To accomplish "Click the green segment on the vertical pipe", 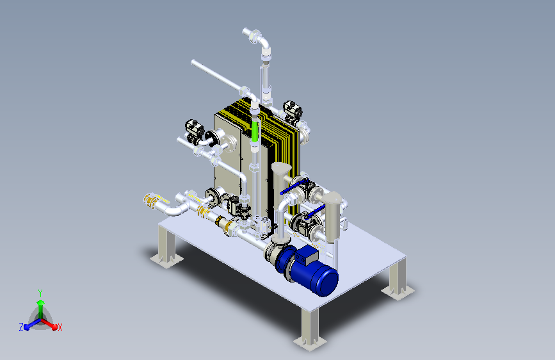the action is [255, 131].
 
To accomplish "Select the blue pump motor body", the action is [314, 273].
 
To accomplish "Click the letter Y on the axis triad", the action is [40, 293].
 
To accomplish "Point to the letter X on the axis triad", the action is [60, 327].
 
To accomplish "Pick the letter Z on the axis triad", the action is [21, 327].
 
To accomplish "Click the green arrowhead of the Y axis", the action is [41, 302].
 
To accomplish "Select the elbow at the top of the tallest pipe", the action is [262, 42].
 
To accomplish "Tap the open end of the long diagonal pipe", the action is [193, 62].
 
